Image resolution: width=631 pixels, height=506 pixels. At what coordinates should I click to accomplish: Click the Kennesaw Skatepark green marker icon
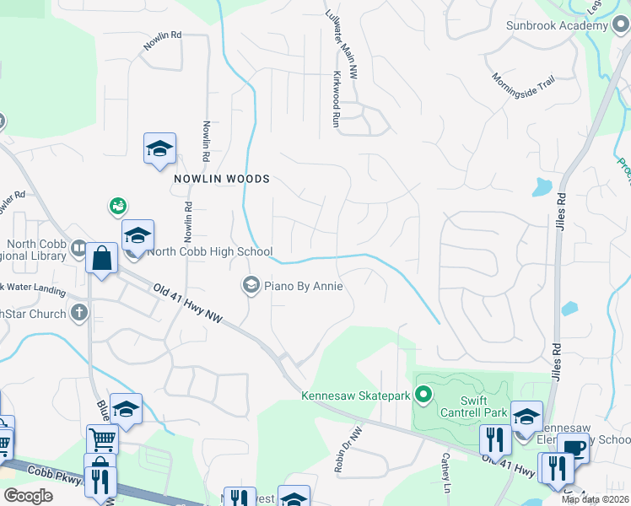tap(425, 395)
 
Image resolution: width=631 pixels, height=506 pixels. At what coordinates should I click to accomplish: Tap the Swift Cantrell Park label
tap(473, 406)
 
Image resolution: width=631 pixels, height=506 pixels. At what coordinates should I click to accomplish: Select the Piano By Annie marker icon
tap(251, 286)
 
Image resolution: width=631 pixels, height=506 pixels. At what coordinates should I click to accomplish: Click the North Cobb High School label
tap(210, 251)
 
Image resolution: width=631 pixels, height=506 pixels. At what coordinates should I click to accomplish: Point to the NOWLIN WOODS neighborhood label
tap(222, 179)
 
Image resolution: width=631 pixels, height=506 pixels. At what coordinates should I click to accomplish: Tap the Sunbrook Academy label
tap(557, 25)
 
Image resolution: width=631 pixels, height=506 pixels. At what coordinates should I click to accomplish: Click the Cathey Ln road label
tap(445, 471)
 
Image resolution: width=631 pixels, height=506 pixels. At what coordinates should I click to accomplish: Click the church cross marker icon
tap(79, 314)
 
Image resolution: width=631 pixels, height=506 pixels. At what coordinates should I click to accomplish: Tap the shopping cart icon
tap(102, 438)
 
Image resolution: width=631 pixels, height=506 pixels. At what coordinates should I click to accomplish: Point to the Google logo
tap(28, 495)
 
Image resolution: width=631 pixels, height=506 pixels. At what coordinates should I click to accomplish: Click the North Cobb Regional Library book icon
tap(78, 248)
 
